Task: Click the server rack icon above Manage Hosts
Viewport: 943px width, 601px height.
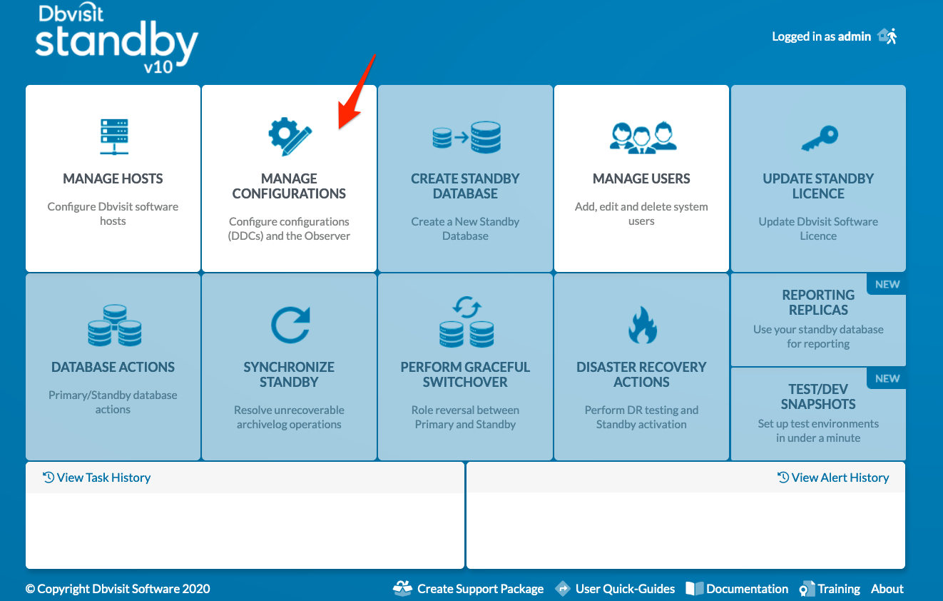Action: [x=114, y=137]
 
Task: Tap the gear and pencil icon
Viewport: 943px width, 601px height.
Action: [x=290, y=136]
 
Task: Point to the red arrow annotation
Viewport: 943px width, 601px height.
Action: [x=357, y=92]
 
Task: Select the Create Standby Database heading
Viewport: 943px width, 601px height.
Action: [x=465, y=186]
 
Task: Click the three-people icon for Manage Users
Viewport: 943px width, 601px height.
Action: [x=643, y=138]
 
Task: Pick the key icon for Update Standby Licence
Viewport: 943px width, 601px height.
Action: [x=819, y=138]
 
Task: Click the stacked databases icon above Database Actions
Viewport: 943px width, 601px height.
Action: [x=115, y=325]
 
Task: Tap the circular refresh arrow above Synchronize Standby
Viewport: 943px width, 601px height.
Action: [x=290, y=325]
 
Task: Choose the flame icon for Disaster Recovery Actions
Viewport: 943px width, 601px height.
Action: [x=643, y=325]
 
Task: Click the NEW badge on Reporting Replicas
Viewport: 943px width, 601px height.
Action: [x=887, y=285]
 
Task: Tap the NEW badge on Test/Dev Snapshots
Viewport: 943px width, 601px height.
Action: [x=887, y=378]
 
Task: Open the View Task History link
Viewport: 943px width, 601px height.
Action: [x=97, y=478]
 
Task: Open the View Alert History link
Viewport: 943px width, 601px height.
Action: [x=833, y=478]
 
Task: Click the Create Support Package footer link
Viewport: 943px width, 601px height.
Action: [x=468, y=588]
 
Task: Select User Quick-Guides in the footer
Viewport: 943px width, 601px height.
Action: [x=615, y=588]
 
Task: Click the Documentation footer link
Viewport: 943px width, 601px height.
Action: [x=737, y=588]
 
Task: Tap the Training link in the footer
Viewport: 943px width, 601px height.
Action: [x=830, y=589]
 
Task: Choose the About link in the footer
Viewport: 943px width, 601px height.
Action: [x=887, y=588]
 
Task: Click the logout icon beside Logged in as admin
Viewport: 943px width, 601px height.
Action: [x=887, y=36]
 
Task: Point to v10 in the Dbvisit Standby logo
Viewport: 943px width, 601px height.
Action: [x=158, y=67]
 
